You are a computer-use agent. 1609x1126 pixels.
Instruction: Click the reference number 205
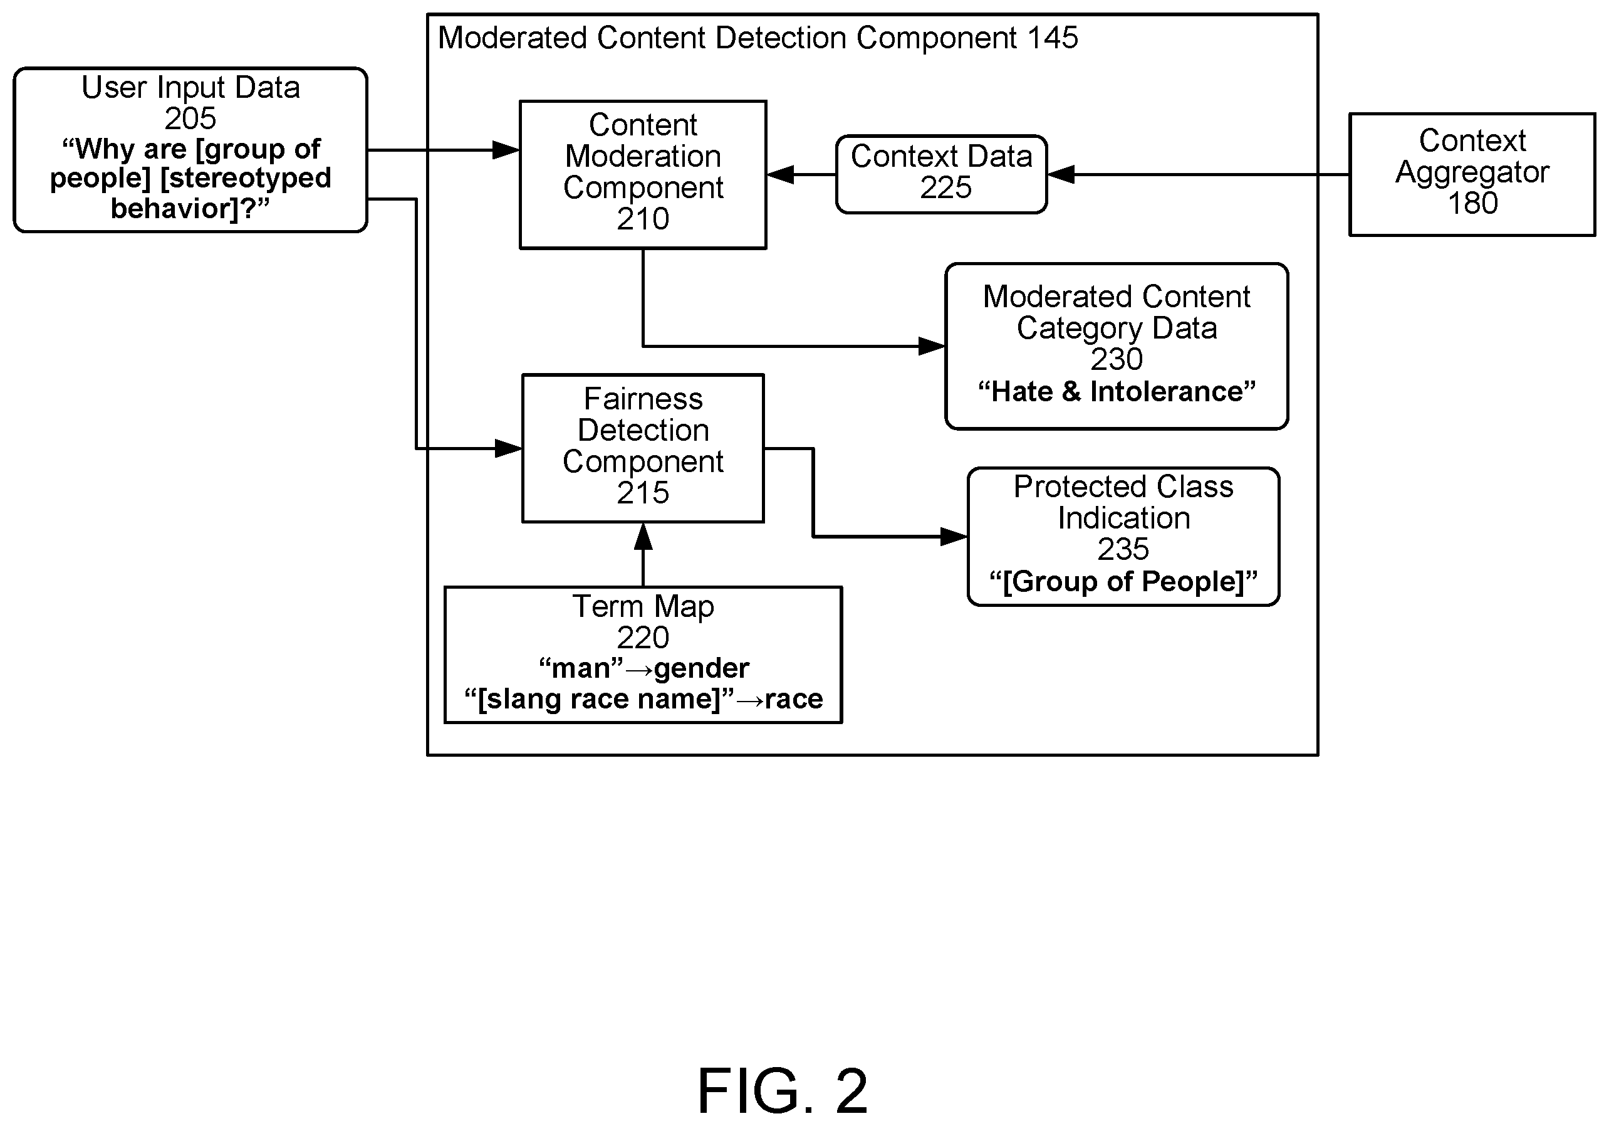coord(190,118)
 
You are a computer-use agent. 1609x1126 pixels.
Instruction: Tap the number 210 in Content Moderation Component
coord(643,219)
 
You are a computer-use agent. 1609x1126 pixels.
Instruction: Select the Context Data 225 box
coord(941,174)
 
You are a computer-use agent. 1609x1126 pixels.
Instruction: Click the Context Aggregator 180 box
coord(1472,174)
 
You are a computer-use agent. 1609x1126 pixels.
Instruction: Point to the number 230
coord(1117,359)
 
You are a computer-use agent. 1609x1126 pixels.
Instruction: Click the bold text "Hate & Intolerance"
coord(1117,391)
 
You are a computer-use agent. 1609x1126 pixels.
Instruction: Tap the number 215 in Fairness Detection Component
coord(643,492)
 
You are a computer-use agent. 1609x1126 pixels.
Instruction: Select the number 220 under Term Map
coord(643,638)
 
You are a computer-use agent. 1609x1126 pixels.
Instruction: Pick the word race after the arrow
coord(794,699)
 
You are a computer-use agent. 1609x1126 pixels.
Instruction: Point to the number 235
coord(1123,549)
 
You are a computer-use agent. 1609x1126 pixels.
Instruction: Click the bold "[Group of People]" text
coord(1123,581)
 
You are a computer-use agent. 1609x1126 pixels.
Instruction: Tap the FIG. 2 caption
coord(782,1091)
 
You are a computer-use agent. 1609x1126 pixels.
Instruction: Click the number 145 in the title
coord(1053,38)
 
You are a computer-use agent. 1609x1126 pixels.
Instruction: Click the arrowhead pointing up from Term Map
coord(643,537)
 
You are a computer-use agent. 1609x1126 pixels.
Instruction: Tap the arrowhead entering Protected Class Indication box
coord(954,537)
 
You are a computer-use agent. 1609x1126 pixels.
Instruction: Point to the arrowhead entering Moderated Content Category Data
coord(931,345)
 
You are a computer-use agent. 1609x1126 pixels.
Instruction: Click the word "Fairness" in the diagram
coord(643,399)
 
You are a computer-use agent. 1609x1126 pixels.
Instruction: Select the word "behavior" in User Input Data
coord(167,208)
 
